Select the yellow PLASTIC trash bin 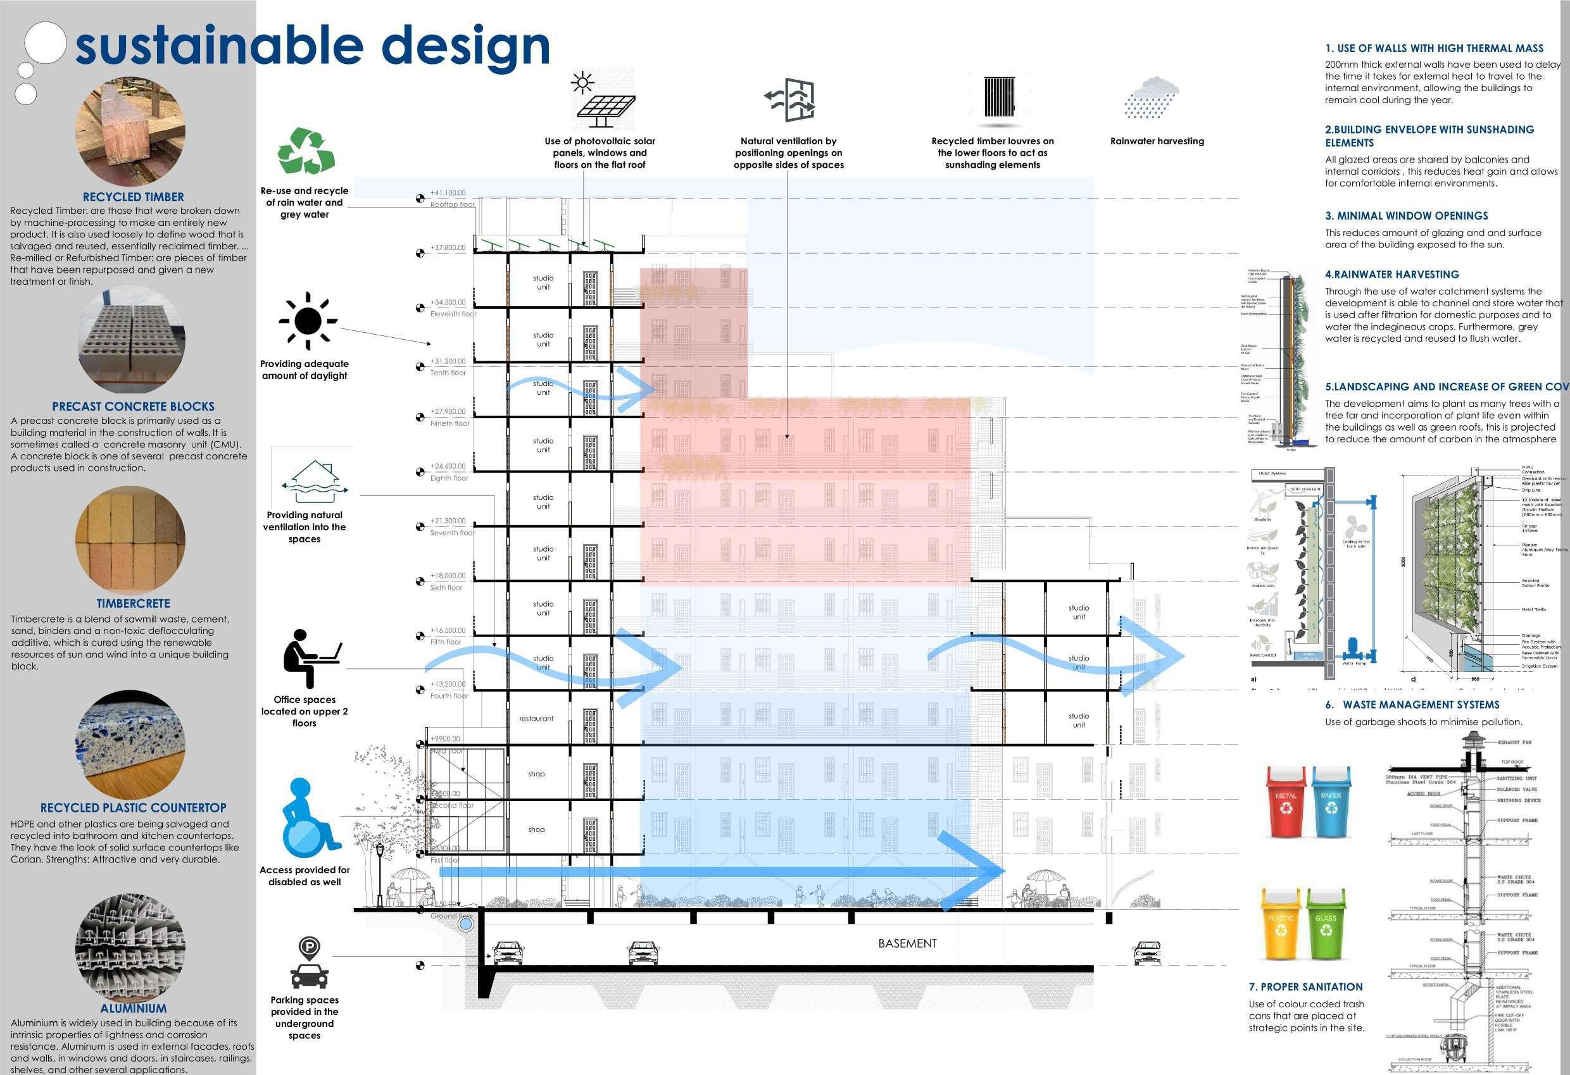1281,923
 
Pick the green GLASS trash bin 1326,923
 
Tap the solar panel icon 601,101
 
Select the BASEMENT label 907,943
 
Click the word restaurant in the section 536,719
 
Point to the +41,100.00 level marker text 448,193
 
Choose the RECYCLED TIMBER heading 133,197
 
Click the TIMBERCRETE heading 133,604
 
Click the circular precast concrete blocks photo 131,340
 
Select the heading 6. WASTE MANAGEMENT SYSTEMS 1412,705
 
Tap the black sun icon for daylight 308,321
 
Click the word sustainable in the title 219,46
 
